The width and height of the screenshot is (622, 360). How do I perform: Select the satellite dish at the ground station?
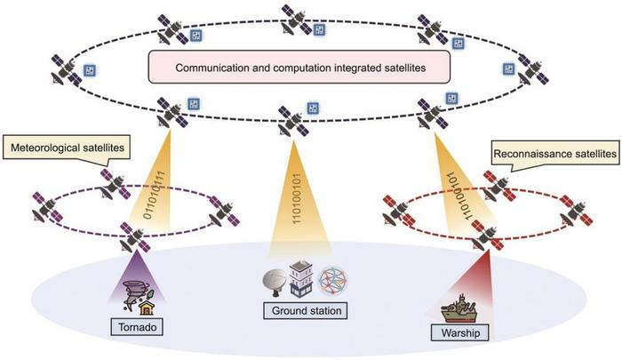(275, 283)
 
